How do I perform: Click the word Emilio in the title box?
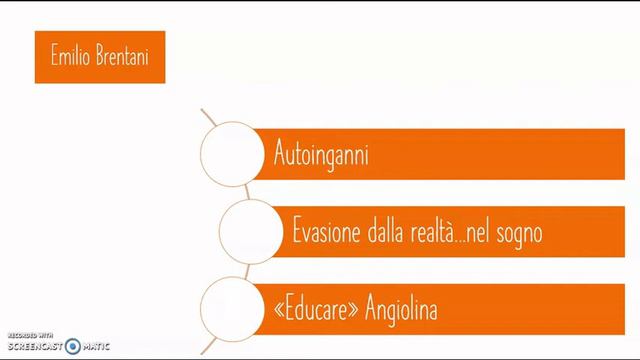click(x=69, y=57)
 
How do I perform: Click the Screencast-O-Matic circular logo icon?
click(x=72, y=346)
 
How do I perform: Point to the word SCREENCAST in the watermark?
click(x=35, y=346)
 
